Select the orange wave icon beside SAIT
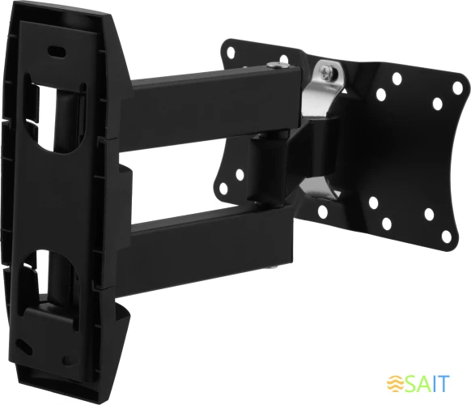pyautogui.click(x=394, y=382)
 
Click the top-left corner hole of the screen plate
pyautogui.click(x=229, y=53)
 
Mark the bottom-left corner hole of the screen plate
pyautogui.click(x=223, y=188)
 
